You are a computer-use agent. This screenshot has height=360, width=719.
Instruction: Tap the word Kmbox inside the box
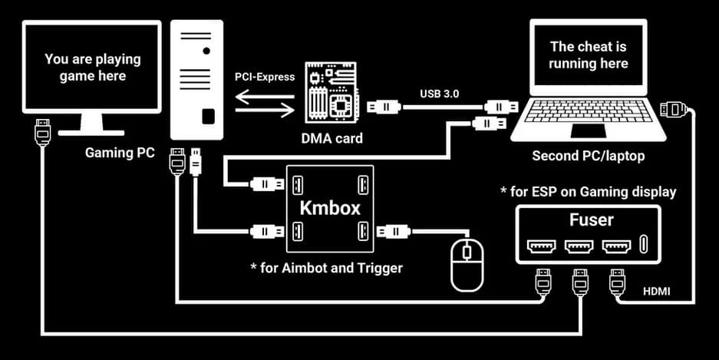(329, 208)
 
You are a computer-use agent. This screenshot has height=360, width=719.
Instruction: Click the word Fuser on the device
(590, 220)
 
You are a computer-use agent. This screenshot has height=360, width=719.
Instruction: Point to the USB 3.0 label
(440, 94)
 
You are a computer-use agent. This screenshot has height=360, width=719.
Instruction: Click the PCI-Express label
(264, 78)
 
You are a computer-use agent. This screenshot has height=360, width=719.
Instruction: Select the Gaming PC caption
(119, 153)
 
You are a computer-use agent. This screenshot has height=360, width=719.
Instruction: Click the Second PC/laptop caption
(589, 156)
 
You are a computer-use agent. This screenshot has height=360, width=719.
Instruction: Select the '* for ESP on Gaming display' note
(588, 191)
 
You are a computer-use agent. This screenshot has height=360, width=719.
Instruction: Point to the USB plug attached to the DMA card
(384, 107)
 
